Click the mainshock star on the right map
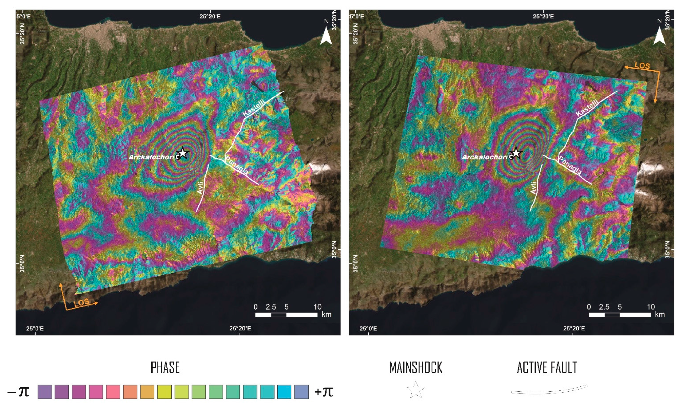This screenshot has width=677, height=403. [x=516, y=153]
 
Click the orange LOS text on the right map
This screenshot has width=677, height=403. [x=642, y=66]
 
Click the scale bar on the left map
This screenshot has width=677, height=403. [x=286, y=315]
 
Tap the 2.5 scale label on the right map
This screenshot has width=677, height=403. [x=604, y=307]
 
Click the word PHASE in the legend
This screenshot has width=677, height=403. [x=165, y=367]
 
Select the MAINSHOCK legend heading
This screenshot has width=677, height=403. [x=416, y=367]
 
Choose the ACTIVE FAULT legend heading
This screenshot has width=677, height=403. [x=547, y=367]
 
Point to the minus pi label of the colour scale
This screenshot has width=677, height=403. [x=18, y=392]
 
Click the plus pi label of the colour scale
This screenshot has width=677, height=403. [x=324, y=392]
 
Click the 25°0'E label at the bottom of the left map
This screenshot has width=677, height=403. [x=35, y=329]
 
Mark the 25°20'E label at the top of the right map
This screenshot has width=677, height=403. [x=543, y=16]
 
